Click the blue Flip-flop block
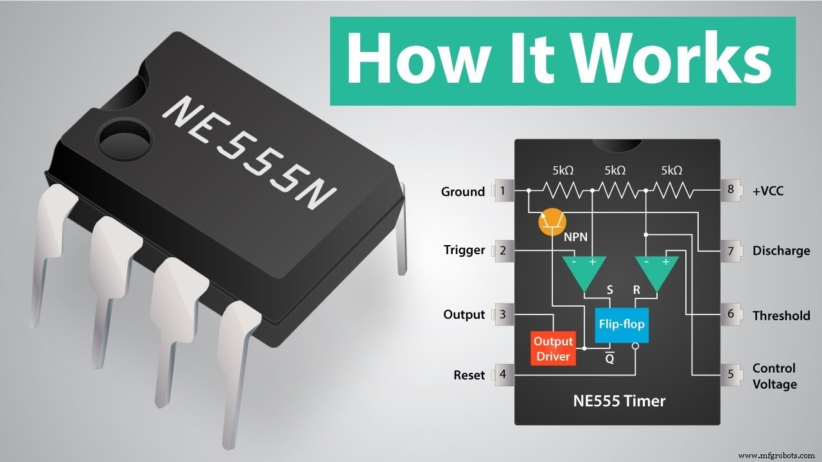(621, 324)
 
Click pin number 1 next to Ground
(503, 191)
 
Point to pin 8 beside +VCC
(731, 191)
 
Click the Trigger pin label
(464, 250)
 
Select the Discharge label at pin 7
(781, 251)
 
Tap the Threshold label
(781, 315)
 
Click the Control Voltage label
(774, 376)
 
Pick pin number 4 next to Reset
(503, 375)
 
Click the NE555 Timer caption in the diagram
(618, 402)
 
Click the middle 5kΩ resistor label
(615, 171)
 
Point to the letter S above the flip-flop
(611, 290)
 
